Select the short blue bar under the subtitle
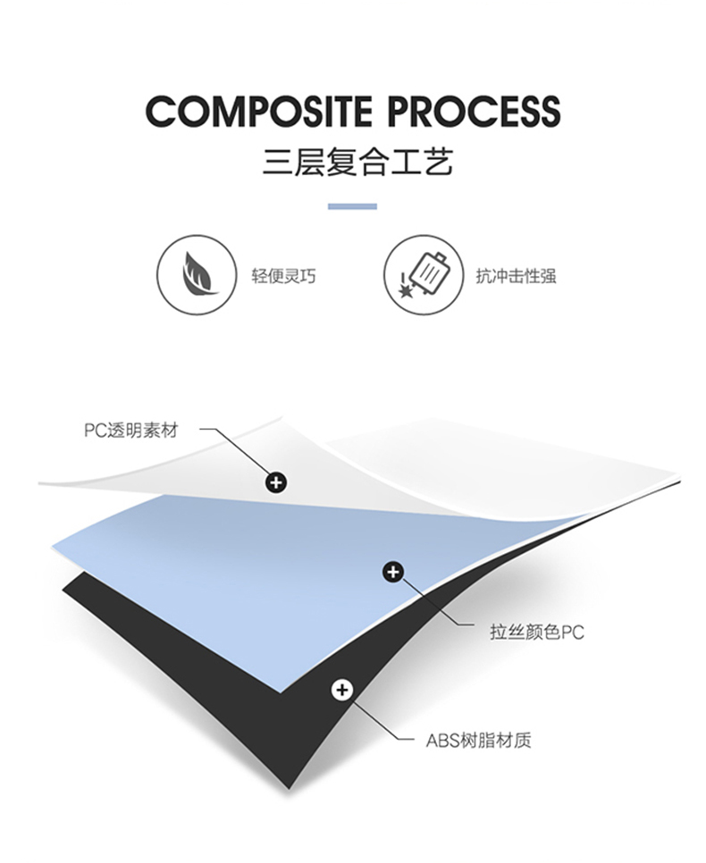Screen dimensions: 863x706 (352, 206)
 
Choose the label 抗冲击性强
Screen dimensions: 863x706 (516, 275)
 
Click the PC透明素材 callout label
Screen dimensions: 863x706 (131, 431)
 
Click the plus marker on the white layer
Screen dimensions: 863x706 (277, 483)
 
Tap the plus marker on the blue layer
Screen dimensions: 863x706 (393, 572)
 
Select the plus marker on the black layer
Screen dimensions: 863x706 (340, 690)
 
